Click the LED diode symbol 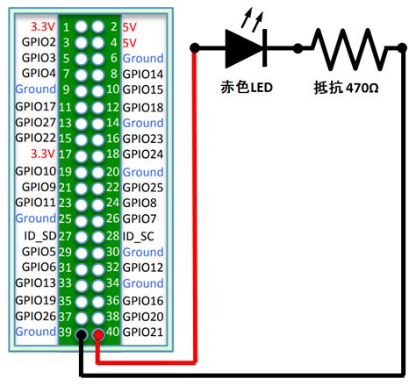coord(246,48)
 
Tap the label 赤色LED coord(248,89)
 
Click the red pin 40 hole coord(97,333)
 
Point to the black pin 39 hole coord(82,333)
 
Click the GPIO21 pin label coord(142,332)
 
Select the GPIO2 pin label coord(38,41)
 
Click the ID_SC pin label coord(140,235)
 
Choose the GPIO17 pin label coord(36,106)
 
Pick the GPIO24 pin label coord(142,154)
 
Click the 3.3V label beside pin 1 coord(42,25)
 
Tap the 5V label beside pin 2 coord(130,25)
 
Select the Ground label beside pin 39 coord(36,332)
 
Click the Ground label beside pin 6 coord(142,58)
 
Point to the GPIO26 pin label coord(36,316)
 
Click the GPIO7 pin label coord(139,219)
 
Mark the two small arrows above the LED coord(255,15)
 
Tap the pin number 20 coord(111,171)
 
